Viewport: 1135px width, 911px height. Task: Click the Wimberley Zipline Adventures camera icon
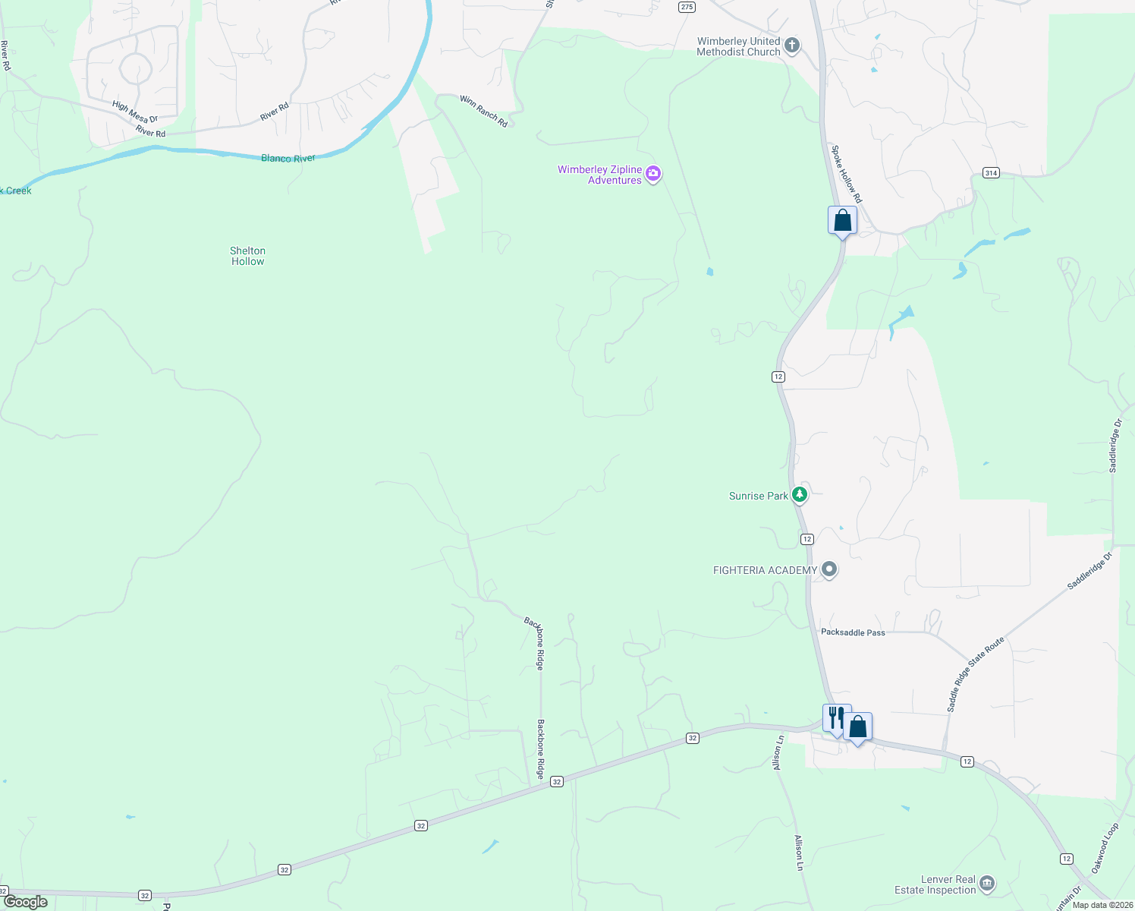[653, 175]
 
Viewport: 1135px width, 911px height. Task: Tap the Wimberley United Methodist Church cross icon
[791, 46]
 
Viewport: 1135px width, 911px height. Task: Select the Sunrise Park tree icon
[799, 495]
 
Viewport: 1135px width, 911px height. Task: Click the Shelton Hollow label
[247, 256]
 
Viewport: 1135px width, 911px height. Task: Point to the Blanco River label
[288, 159]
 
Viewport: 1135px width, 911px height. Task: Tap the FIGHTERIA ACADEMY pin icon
[829, 569]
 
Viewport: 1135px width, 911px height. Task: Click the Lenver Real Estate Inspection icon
[987, 883]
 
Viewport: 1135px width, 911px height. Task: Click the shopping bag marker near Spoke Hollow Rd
[842, 221]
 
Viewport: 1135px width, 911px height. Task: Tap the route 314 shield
[991, 173]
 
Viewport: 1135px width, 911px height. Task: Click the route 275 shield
[687, 7]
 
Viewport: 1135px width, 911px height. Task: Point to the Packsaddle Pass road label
[853, 632]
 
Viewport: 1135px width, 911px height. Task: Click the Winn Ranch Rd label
[483, 111]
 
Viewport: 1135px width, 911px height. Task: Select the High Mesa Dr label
[134, 112]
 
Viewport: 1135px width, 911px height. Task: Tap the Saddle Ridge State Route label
[975, 673]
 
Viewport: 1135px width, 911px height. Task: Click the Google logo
[25, 902]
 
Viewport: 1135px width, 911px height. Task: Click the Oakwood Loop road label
[1105, 848]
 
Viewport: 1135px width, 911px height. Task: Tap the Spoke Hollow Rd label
[846, 174]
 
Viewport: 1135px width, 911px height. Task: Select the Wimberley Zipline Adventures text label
[599, 175]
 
